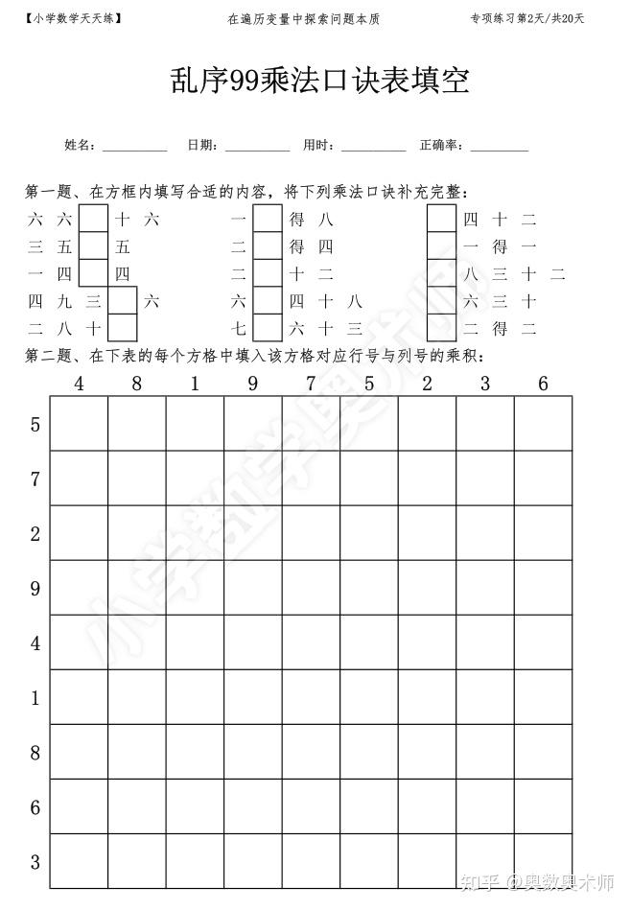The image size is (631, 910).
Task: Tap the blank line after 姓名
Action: pyautogui.click(x=134, y=148)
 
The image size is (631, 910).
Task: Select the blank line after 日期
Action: pyautogui.click(x=257, y=148)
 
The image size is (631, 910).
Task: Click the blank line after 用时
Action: pyautogui.click(x=373, y=148)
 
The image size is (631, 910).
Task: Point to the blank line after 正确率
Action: pyautogui.click(x=499, y=148)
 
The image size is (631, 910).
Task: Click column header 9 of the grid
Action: pyautogui.click(x=252, y=384)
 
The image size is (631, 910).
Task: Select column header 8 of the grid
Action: pyautogui.click(x=137, y=384)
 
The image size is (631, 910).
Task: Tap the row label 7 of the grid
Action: pyautogui.click(x=35, y=478)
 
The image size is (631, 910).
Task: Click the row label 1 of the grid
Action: pyautogui.click(x=35, y=697)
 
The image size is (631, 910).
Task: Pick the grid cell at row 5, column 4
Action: pyautogui.click(x=79, y=424)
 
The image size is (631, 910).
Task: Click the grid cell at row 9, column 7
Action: pyautogui.click(x=311, y=588)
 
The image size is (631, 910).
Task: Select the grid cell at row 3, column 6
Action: pyautogui.click(x=543, y=861)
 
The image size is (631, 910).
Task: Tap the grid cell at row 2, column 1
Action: pyautogui.click(x=195, y=533)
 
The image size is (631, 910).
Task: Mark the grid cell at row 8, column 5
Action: pyautogui.click(x=369, y=752)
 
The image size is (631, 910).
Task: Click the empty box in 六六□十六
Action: pyautogui.click(x=93, y=220)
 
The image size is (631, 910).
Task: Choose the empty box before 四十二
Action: pyautogui.click(x=441, y=220)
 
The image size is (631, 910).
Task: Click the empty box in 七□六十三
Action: pyautogui.click(x=268, y=328)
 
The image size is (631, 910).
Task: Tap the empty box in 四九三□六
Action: pyautogui.click(x=122, y=301)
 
